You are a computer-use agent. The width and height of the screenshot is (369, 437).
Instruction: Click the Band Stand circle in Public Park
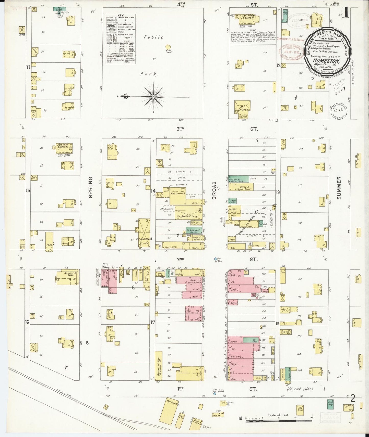coord(168,47)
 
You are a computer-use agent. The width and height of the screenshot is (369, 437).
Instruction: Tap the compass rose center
coord(153,97)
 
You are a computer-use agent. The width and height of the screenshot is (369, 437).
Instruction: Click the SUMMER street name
coord(339,187)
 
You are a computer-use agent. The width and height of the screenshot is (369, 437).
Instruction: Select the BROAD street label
coord(214,190)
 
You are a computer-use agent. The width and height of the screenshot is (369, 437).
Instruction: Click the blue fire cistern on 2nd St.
coord(216,259)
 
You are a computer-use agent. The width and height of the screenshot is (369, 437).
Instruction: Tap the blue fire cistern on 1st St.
coord(215,394)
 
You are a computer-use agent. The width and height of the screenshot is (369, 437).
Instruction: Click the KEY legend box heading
coord(120,15)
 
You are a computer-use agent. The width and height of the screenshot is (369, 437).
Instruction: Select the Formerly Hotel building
coord(64,278)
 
